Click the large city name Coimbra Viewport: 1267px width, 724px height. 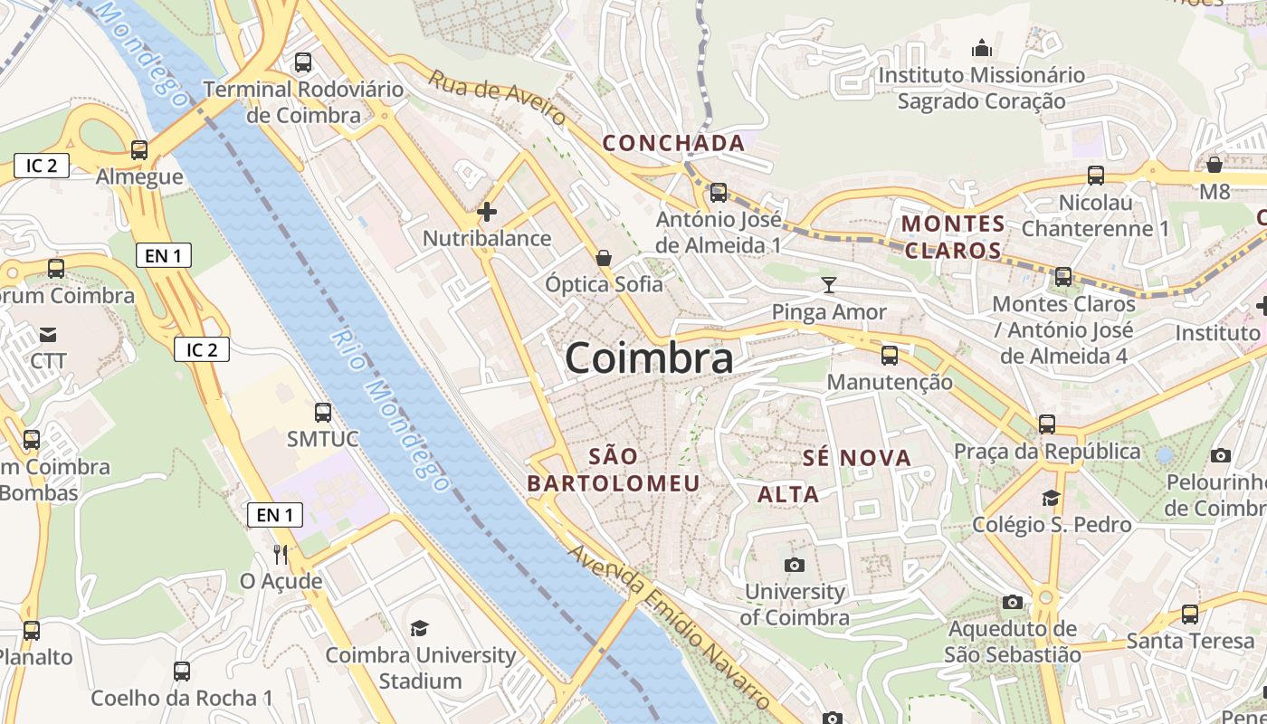(649, 358)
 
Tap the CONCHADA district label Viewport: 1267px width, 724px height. (673, 143)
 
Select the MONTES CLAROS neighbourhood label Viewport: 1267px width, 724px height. (953, 237)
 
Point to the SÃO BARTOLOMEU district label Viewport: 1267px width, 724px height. (614, 470)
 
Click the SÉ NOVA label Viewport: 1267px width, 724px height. (857, 458)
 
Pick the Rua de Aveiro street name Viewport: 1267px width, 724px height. (497, 98)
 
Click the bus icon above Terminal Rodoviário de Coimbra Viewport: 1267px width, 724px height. (303, 62)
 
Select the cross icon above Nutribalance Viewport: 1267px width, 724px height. (487, 212)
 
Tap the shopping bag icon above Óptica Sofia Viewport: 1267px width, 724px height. (604, 258)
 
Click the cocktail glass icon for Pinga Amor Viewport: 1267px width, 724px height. (828, 286)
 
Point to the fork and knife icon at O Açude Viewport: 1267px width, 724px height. (281, 554)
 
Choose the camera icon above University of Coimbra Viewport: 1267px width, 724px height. (795, 566)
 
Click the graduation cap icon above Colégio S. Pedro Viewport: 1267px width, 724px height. (1051, 498)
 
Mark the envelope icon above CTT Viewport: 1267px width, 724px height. (48, 335)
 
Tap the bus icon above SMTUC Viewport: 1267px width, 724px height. (323, 413)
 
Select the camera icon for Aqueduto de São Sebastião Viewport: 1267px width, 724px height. (1013, 602)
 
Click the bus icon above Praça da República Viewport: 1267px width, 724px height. (1047, 424)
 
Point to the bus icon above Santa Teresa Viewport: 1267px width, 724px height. (1190, 614)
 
